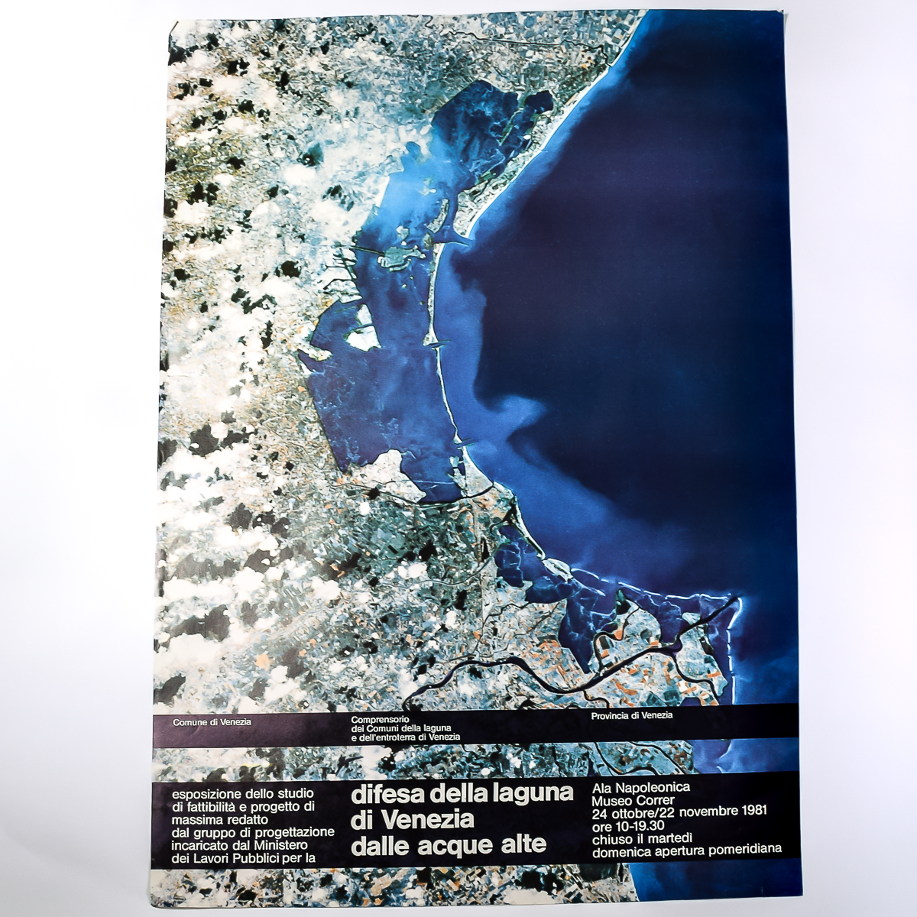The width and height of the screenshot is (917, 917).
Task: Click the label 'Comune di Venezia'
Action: (212, 722)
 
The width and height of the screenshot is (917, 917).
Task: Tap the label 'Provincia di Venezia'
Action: (632, 715)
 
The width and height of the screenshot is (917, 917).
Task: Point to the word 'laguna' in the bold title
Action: (533, 793)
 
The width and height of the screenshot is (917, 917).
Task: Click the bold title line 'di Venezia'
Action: (413, 819)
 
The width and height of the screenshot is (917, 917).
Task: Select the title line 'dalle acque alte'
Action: (449, 845)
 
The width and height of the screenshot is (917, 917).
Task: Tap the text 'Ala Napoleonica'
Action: (641, 786)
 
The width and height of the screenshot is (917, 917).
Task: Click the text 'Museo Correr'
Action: (633, 800)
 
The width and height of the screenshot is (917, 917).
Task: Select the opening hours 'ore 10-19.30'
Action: (628, 825)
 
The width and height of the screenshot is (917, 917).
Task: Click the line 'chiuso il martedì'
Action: (643, 838)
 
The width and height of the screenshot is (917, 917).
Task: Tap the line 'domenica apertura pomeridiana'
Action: (687, 851)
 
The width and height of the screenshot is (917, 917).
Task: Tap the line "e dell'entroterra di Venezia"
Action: (405, 737)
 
